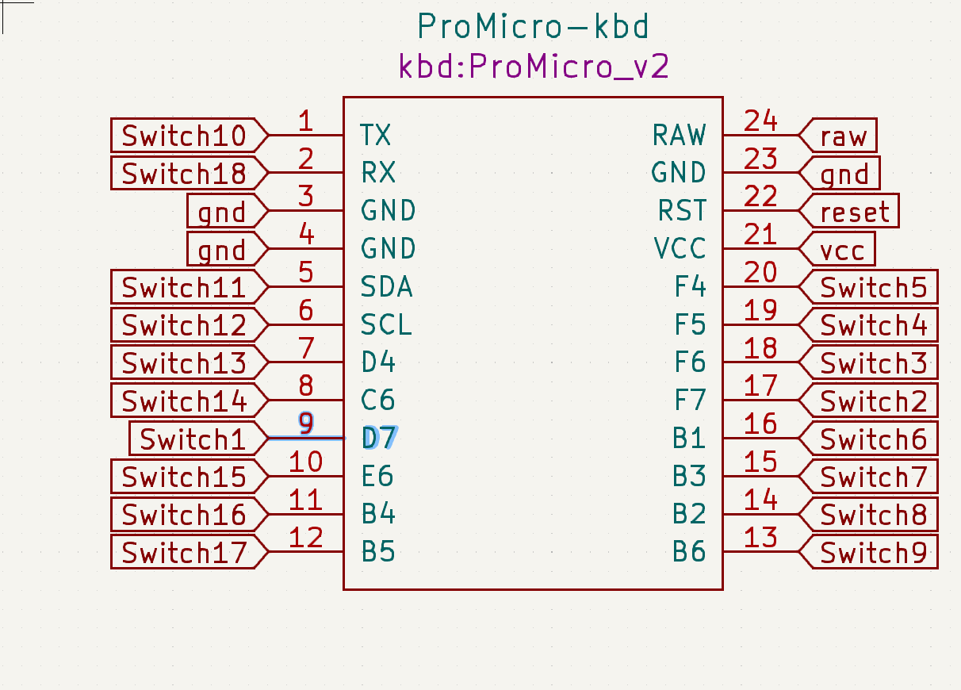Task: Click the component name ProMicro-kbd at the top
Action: [x=533, y=28]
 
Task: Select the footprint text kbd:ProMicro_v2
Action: [x=533, y=67]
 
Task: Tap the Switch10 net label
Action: [x=184, y=136]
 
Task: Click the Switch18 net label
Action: [x=184, y=174]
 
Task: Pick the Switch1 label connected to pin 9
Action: [x=193, y=439]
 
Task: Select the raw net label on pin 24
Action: [x=843, y=136]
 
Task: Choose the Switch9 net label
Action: [x=873, y=553]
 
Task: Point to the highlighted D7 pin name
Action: [x=380, y=438]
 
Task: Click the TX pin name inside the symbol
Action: [x=376, y=136]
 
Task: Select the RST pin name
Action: [x=681, y=211]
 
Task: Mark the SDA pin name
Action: [x=386, y=286]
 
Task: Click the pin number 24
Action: [x=760, y=121]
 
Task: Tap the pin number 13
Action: [x=760, y=538]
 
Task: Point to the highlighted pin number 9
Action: [x=306, y=424]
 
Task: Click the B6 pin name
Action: [x=688, y=551]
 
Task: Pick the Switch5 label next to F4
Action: [x=873, y=288]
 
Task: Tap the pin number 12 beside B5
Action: [x=306, y=538]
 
